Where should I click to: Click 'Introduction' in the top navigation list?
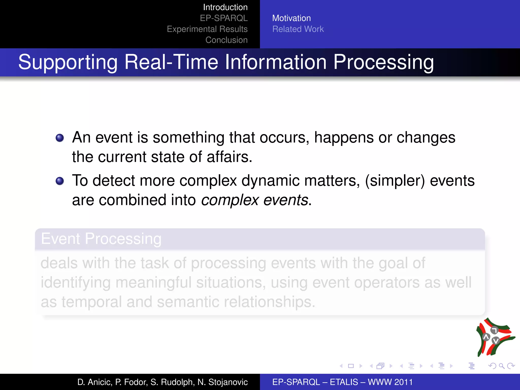point(225,7)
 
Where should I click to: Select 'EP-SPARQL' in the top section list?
point(224,18)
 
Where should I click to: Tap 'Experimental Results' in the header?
point(207,29)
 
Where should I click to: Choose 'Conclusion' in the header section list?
point(226,40)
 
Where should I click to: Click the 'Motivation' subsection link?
point(291,18)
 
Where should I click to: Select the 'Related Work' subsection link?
point(298,29)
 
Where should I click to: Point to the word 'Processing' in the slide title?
point(383,62)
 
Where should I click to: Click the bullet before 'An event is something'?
point(60,138)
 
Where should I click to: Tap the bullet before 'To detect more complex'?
point(60,181)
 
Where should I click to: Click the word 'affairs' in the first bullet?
point(227,157)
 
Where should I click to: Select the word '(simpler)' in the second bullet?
point(395,181)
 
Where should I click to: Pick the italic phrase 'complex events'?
point(255,200)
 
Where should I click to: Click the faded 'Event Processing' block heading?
point(101,239)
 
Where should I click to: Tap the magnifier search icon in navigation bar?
point(501,366)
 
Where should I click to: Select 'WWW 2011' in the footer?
point(390,382)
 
